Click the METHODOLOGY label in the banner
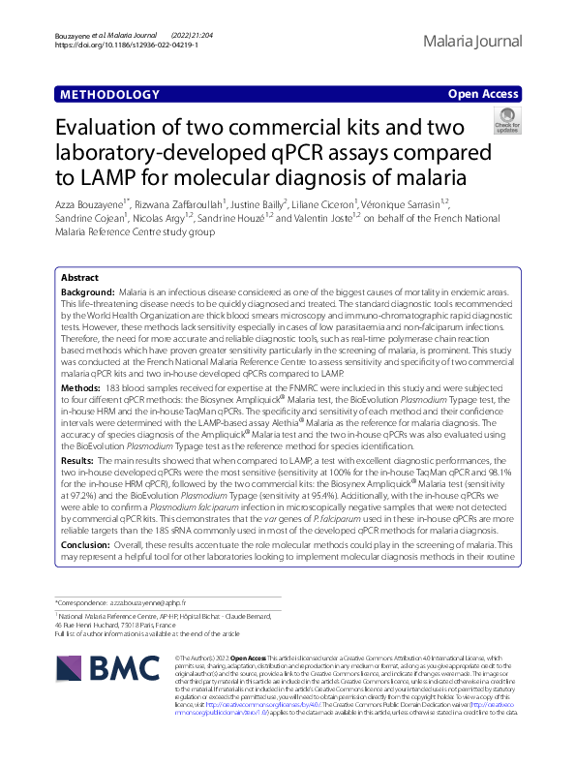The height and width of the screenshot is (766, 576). (108, 95)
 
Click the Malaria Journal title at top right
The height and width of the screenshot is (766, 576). (472, 41)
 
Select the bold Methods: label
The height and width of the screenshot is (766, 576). (80, 386)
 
